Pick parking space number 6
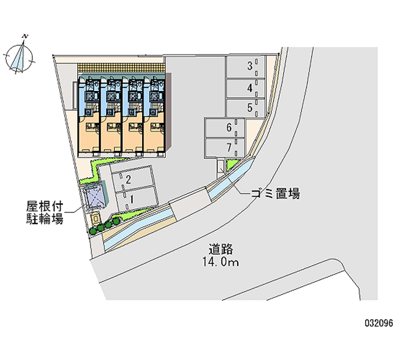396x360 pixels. point(225,128)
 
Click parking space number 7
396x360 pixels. point(225,148)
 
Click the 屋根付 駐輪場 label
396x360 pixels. point(45,212)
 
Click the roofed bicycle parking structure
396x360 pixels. point(94,197)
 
